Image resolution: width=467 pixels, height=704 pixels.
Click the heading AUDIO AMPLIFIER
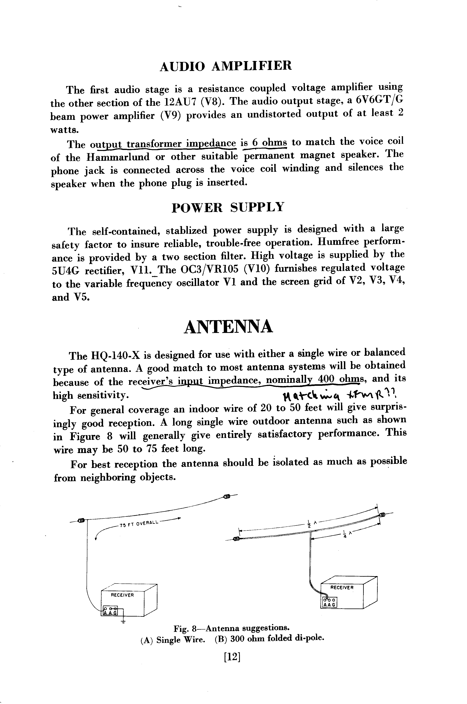[x=226, y=66]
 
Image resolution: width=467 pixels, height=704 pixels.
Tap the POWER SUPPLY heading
[x=228, y=207]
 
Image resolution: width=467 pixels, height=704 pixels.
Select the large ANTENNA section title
[x=228, y=327]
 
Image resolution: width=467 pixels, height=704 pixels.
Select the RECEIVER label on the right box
[x=342, y=587]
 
